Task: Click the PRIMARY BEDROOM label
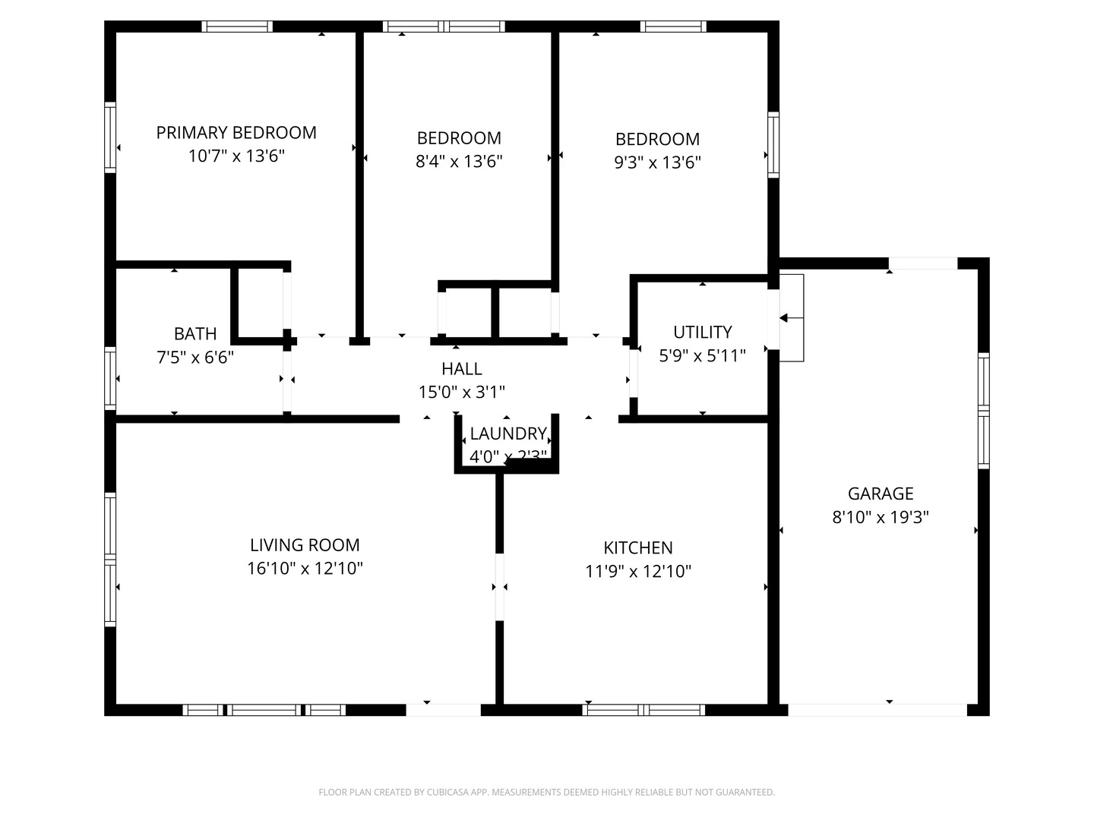tap(236, 133)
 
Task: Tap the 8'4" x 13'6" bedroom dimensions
tap(459, 162)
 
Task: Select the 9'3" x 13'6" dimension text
tap(657, 162)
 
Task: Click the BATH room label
tap(195, 334)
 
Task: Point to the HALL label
tap(462, 369)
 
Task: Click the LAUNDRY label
tap(508, 434)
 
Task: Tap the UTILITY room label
tap(703, 333)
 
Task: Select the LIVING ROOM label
tap(305, 545)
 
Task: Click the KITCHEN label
tap(638, 548)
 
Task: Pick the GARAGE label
tap(881, 494)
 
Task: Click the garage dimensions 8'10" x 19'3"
tap(881, 518)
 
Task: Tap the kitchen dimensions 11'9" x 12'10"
tap(638, 572)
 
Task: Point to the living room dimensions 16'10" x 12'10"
tap(305, 569)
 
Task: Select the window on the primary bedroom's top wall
tap(237, 27)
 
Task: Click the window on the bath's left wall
tap(110, 378)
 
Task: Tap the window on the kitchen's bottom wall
tap(643, 710)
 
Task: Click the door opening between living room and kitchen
tap(499, 587)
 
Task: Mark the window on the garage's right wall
tap(983, 411)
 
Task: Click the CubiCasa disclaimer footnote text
tap(546, 793)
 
